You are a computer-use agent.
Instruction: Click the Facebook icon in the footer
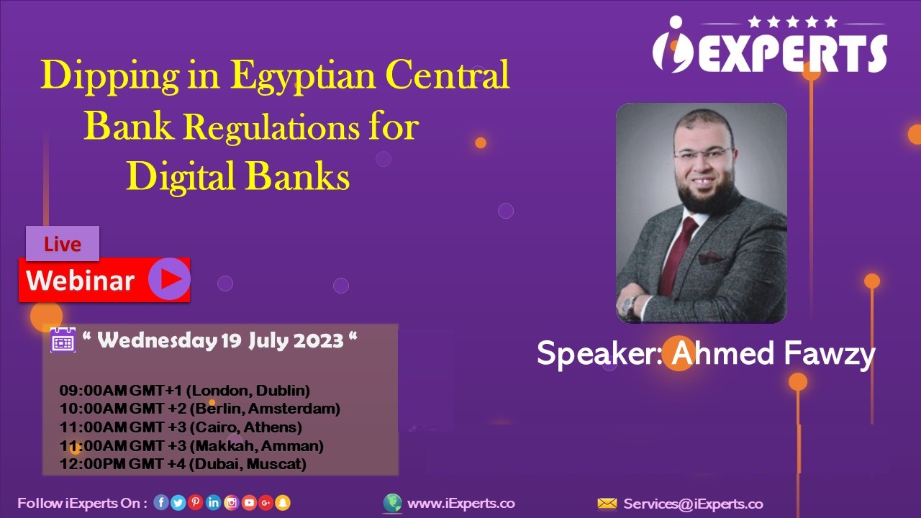coord(161,502)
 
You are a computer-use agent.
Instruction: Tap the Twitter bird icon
coord(178,503)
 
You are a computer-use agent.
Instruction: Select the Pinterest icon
coord(196,502)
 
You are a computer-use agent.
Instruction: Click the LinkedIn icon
coord(214,502)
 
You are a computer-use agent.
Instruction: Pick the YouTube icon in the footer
coord(249,502)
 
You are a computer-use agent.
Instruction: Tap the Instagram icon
coord(232,502)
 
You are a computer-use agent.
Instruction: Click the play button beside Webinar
coord(169,278)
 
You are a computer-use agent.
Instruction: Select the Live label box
coord(63,243)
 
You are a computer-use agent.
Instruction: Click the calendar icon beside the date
coord(63,340)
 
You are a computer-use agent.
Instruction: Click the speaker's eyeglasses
coord(702,153)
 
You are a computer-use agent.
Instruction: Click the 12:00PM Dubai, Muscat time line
coord(183,464)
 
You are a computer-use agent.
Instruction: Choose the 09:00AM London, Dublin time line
coord(185,390)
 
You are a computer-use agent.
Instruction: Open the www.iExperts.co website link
coord(461,503)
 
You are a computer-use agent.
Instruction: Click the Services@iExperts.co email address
coord(693,504)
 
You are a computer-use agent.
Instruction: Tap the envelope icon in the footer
coord(607,503)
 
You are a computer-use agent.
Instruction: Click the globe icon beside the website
coord(392,503)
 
